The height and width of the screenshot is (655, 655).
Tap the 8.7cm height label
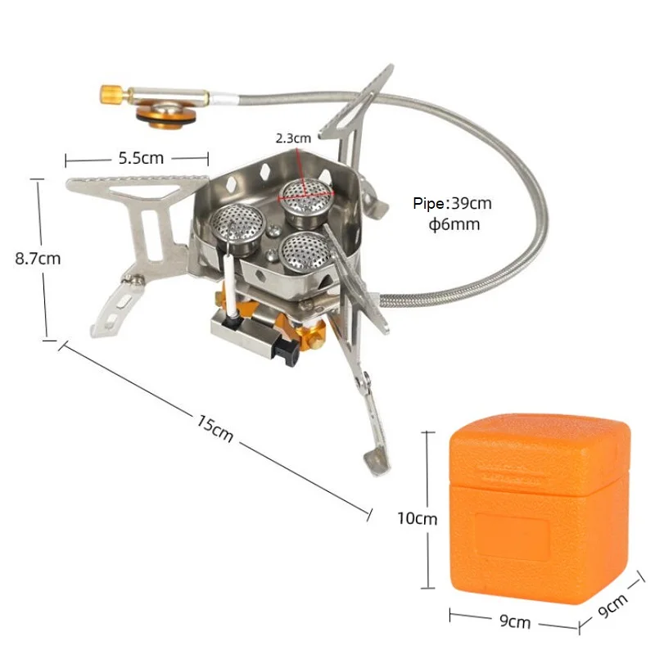[38, 258]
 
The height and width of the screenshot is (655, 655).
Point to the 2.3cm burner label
[293, 138]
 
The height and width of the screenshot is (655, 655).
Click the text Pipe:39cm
[452, 205]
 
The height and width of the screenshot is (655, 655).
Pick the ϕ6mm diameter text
[454, 224]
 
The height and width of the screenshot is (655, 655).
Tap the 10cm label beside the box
[418, 518]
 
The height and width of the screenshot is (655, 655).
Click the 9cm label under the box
[514, 622]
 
